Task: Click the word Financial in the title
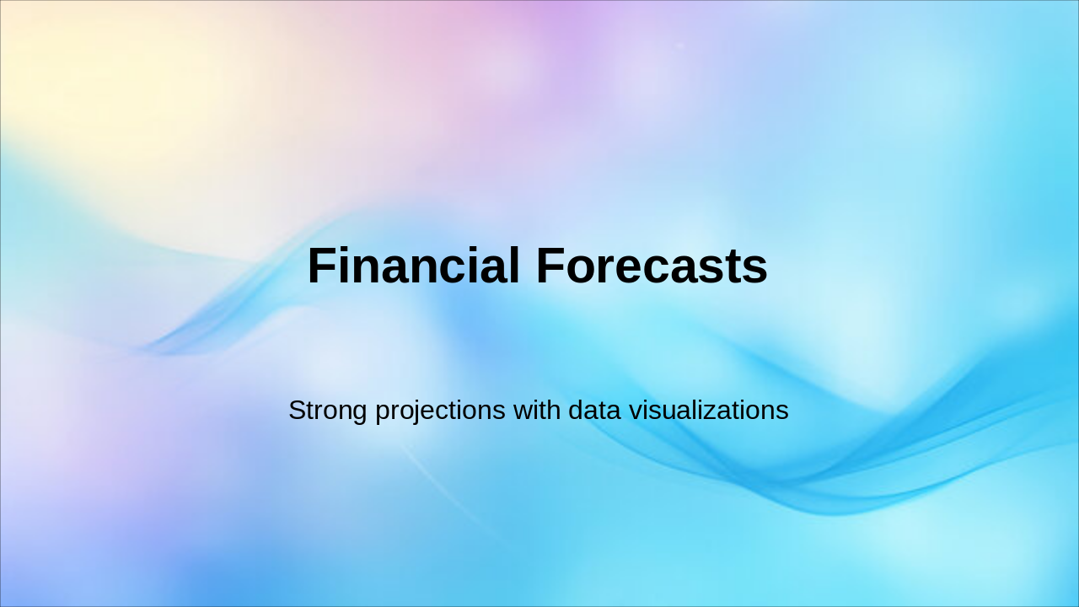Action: coord(414,266)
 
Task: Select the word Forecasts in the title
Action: coord(652,266)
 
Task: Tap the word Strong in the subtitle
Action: coord(328,411)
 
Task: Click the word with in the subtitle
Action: coord(537,410)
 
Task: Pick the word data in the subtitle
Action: coord(594,410)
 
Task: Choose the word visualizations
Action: coord(709,410)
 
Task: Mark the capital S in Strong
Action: coord(298,410)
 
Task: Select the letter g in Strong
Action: coord(359,415)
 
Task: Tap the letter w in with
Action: coord(523,413)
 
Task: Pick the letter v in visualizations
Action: coord(636,413)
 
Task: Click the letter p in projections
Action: coord(384,415)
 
